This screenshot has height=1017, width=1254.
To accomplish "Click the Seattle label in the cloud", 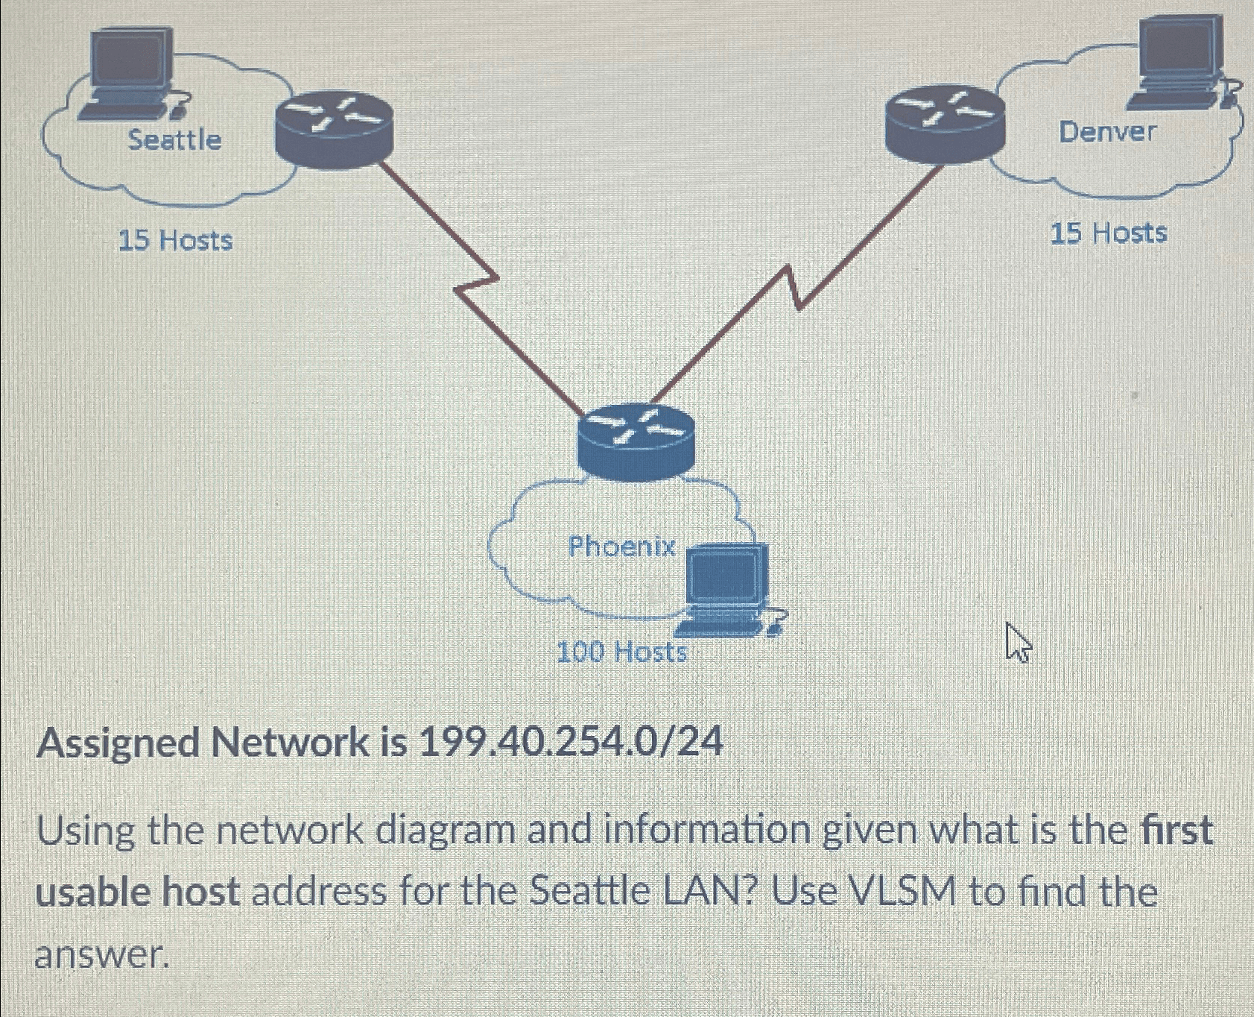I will [x=174, y=139].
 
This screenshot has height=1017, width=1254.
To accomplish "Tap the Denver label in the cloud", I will [x=1107, y=132].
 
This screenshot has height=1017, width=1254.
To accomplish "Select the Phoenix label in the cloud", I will [x=621, y=547].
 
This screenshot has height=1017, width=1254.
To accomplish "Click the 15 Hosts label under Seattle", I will [x=176, y=241].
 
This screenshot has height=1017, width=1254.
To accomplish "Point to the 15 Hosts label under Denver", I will [x=1108, y=233].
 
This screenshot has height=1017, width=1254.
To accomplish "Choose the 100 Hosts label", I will [x=621, y=652].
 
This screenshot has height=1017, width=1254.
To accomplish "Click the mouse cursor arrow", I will [x=1017, y=643].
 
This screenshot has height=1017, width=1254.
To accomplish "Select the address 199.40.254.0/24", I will [x=571, y=742].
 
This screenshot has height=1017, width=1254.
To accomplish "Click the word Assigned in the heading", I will [x=119, y=743].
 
